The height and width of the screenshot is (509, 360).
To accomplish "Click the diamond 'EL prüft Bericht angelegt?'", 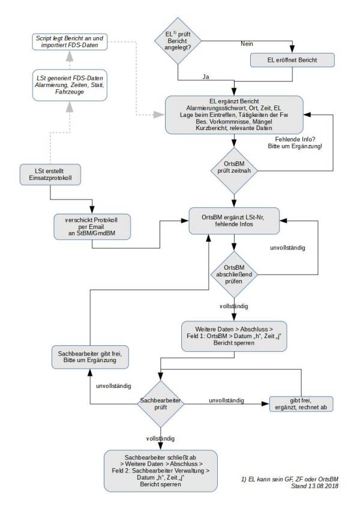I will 178,41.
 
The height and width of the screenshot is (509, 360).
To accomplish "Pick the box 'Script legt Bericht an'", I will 70,41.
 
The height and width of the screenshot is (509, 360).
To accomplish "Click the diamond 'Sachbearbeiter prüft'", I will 161,402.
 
